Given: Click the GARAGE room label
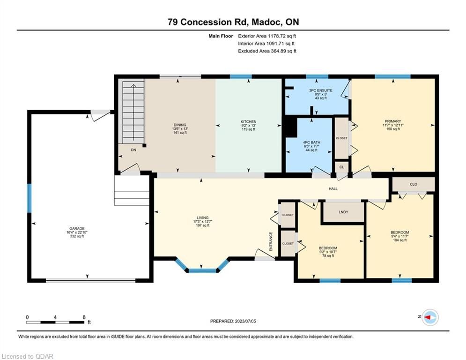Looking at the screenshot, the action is (77, 228).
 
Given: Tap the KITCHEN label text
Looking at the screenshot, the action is (248, 122).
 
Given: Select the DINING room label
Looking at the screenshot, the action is (180, 125).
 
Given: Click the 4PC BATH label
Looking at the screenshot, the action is (311, 142).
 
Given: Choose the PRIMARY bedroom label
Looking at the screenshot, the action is (393, 121).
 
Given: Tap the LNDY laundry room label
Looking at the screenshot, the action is (343, 212).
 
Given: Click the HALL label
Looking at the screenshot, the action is (333, 188).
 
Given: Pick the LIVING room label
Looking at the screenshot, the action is (202, 218).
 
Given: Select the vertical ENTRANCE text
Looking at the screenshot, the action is (271, 241).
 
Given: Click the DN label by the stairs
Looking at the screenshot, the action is (133, 150).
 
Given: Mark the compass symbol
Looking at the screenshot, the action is (430, 317).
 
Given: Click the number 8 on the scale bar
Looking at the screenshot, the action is (84, 317).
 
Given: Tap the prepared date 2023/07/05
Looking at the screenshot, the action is (245, 321).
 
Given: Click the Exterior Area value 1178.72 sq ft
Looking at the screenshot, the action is (282, 36).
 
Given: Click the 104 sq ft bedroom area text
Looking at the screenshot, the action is (399, 240).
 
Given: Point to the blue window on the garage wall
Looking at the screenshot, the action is (30, 198).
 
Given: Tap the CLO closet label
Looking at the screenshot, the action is (414, 185).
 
